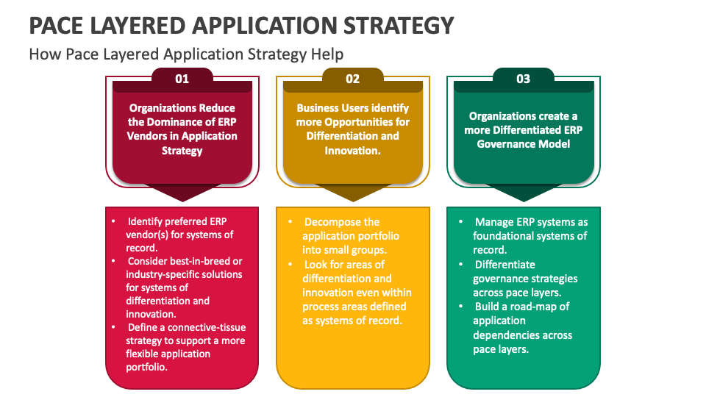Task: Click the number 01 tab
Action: coord(182,79)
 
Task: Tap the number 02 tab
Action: coord(352,79)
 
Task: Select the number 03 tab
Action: coord(523,79)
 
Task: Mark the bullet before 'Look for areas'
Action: coord(290,264)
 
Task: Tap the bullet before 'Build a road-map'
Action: coord(460,307)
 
